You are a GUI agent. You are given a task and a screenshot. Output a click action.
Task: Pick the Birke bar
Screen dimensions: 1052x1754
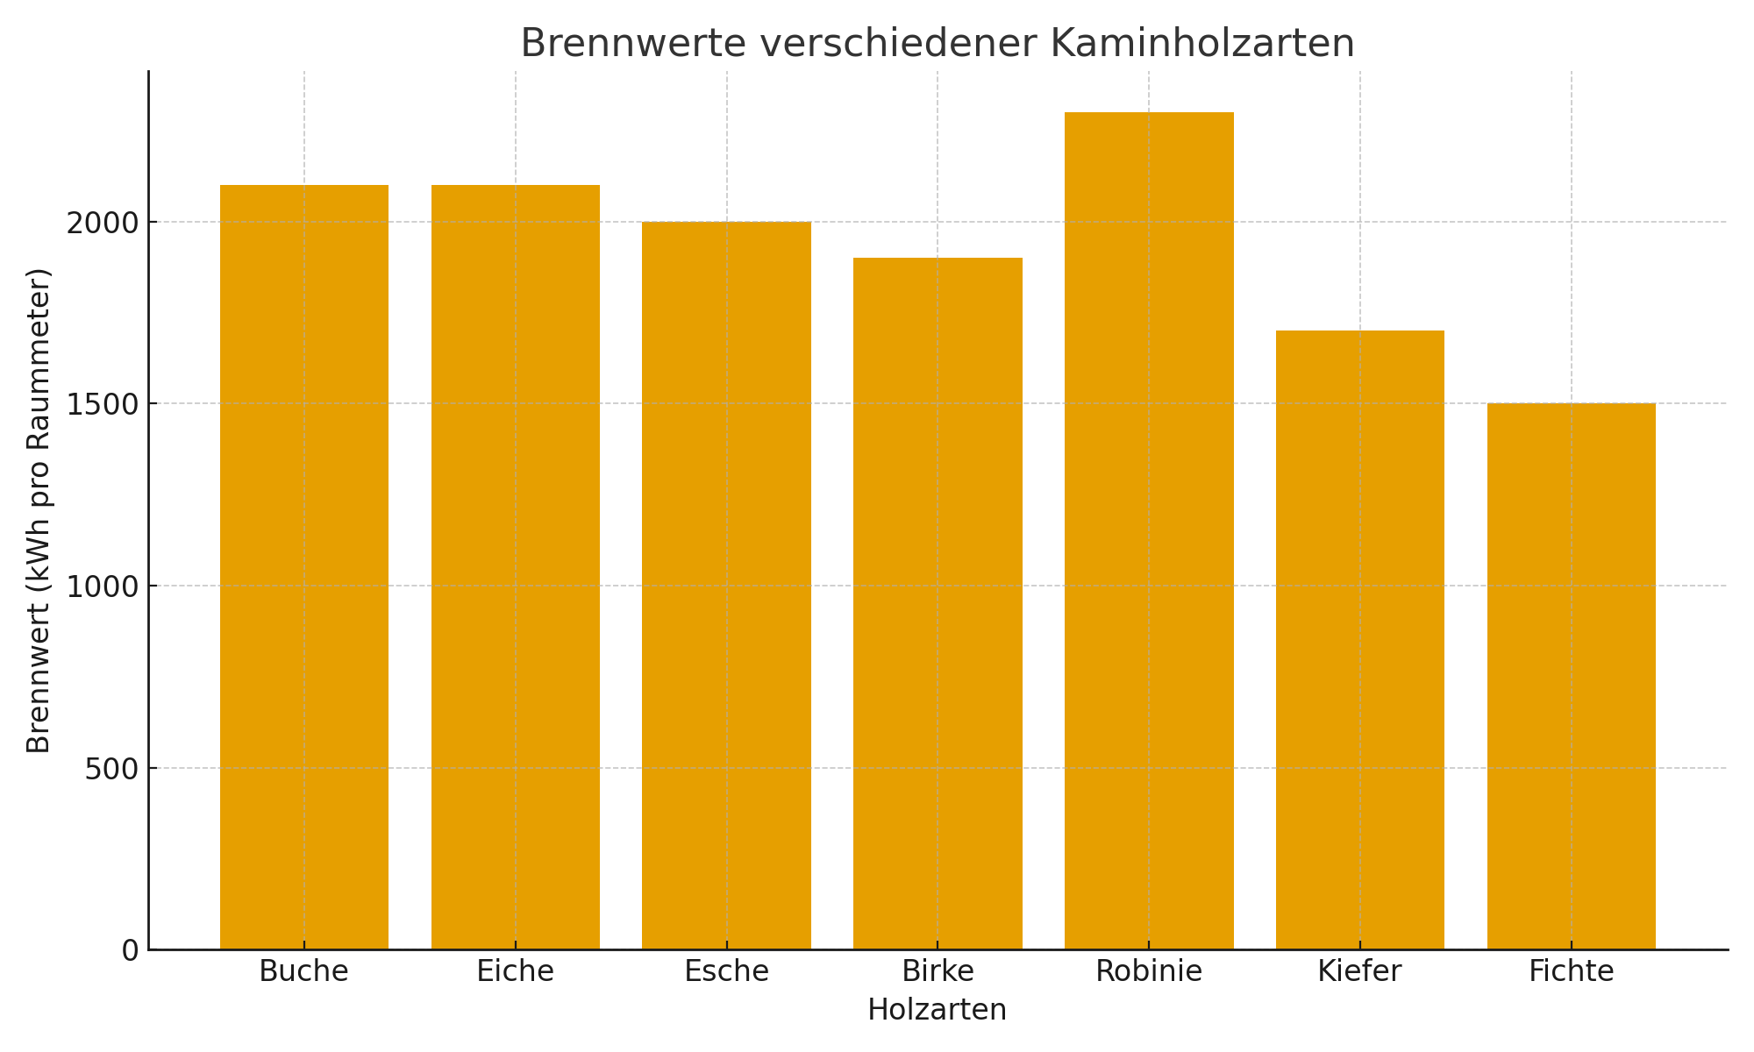click(938, 604)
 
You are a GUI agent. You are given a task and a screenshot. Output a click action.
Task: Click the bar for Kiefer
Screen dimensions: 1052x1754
click(1360, 640)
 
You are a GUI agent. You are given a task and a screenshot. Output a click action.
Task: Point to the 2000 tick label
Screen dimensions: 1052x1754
click(103, 223)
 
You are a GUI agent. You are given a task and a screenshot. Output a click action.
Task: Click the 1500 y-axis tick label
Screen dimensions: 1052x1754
click(103, 404)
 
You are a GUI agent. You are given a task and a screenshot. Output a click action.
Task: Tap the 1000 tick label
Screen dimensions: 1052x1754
click(103, 586)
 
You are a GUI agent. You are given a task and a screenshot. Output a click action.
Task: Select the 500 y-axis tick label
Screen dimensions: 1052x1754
click(112, 769)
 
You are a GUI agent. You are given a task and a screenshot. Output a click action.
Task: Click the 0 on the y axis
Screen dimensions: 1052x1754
click(131, 950)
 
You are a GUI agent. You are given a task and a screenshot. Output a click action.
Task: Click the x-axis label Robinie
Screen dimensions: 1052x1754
click(1149, 971)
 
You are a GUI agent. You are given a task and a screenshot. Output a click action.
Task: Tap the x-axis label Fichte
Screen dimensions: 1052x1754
click(1572, 971)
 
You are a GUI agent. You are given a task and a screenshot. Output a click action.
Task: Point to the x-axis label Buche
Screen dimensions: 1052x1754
click(304, 971)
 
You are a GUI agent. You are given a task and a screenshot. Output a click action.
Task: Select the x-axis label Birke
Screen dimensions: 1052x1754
click(938, 971)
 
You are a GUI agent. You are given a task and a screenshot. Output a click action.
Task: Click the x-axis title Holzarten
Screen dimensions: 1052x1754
click(937, 1010)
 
